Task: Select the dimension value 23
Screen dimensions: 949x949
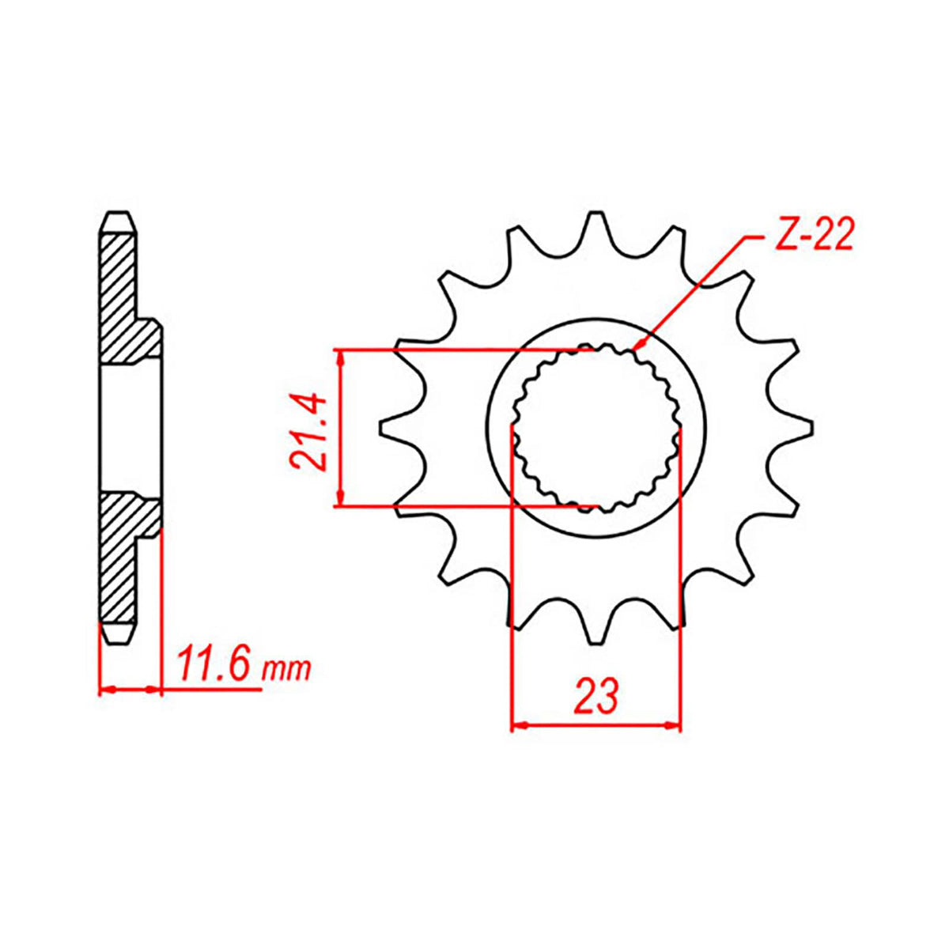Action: (x=595, y=695)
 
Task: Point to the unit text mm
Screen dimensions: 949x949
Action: (x=287, y=671)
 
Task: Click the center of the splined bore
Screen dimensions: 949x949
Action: (x=595, y=427)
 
